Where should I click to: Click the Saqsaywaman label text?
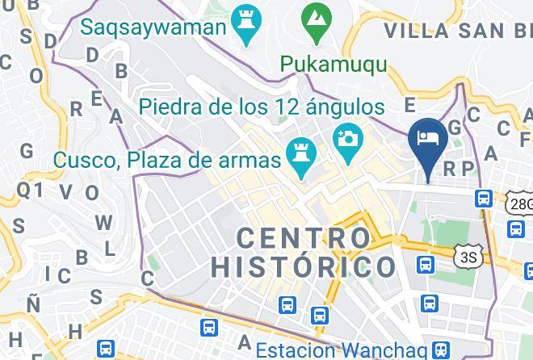click(x=152, y=27)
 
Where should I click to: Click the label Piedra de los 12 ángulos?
click(x=260, y=107)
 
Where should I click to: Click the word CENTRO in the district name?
click(x=303, y=238)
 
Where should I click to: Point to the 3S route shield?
click(x=467, y=257)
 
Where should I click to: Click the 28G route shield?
click(x=520, y=204)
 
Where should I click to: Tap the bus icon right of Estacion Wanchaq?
click(x=440, y=350)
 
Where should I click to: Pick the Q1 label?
click(x=31, y=189)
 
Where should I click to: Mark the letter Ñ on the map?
click(x=32, y=303)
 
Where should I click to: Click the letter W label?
click(x=103, y=222)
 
